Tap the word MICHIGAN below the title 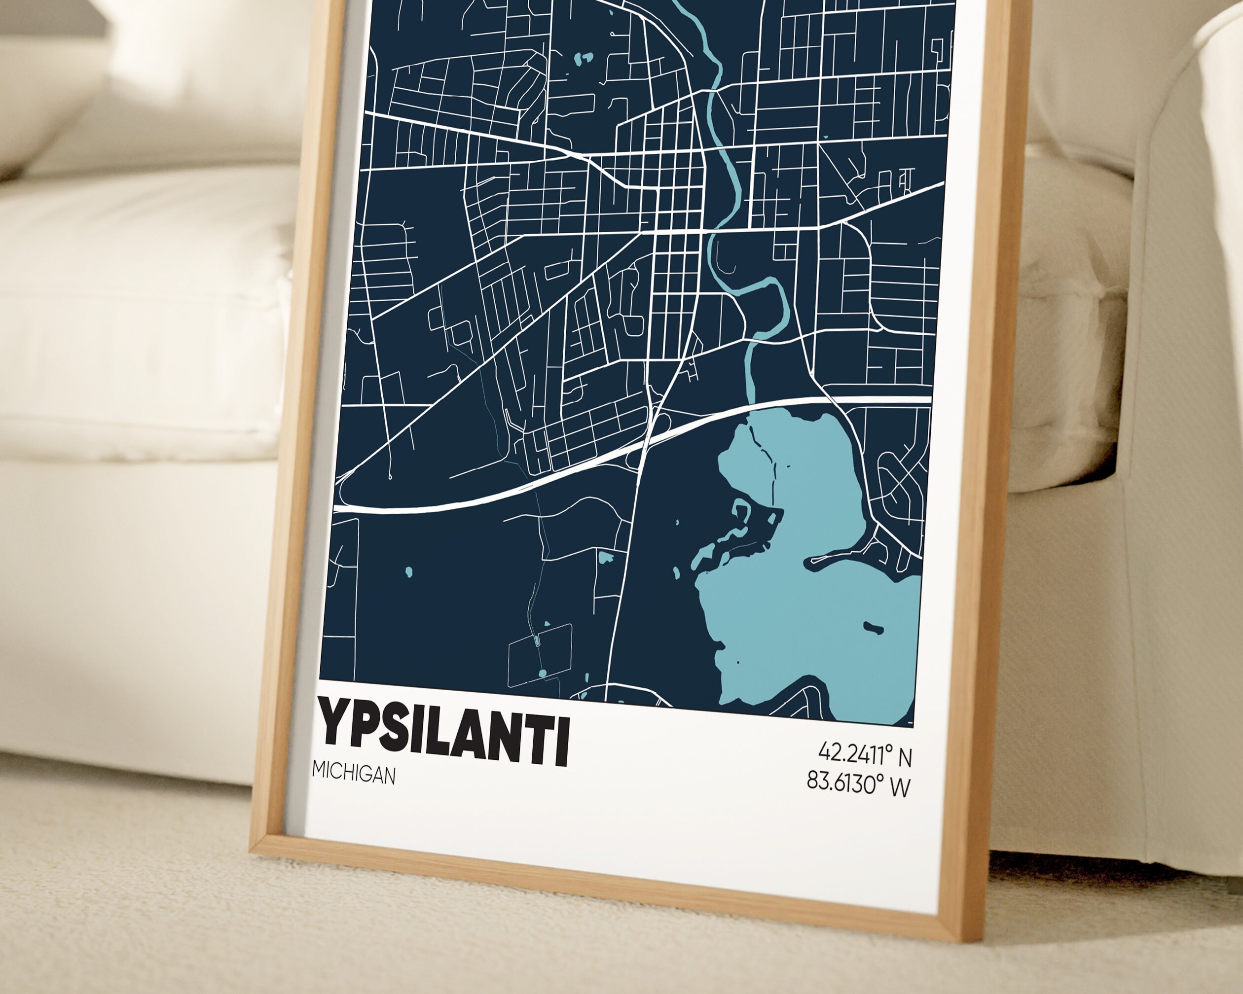point(354,774)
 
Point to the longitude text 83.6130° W point(858,783)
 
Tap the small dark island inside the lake point(873,628)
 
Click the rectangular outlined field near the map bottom point(540,656)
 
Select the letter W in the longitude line point(899,787)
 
